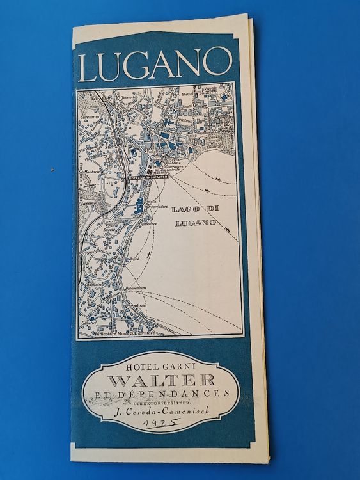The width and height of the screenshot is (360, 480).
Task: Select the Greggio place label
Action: pyautogui.click(x=89, y=252)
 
